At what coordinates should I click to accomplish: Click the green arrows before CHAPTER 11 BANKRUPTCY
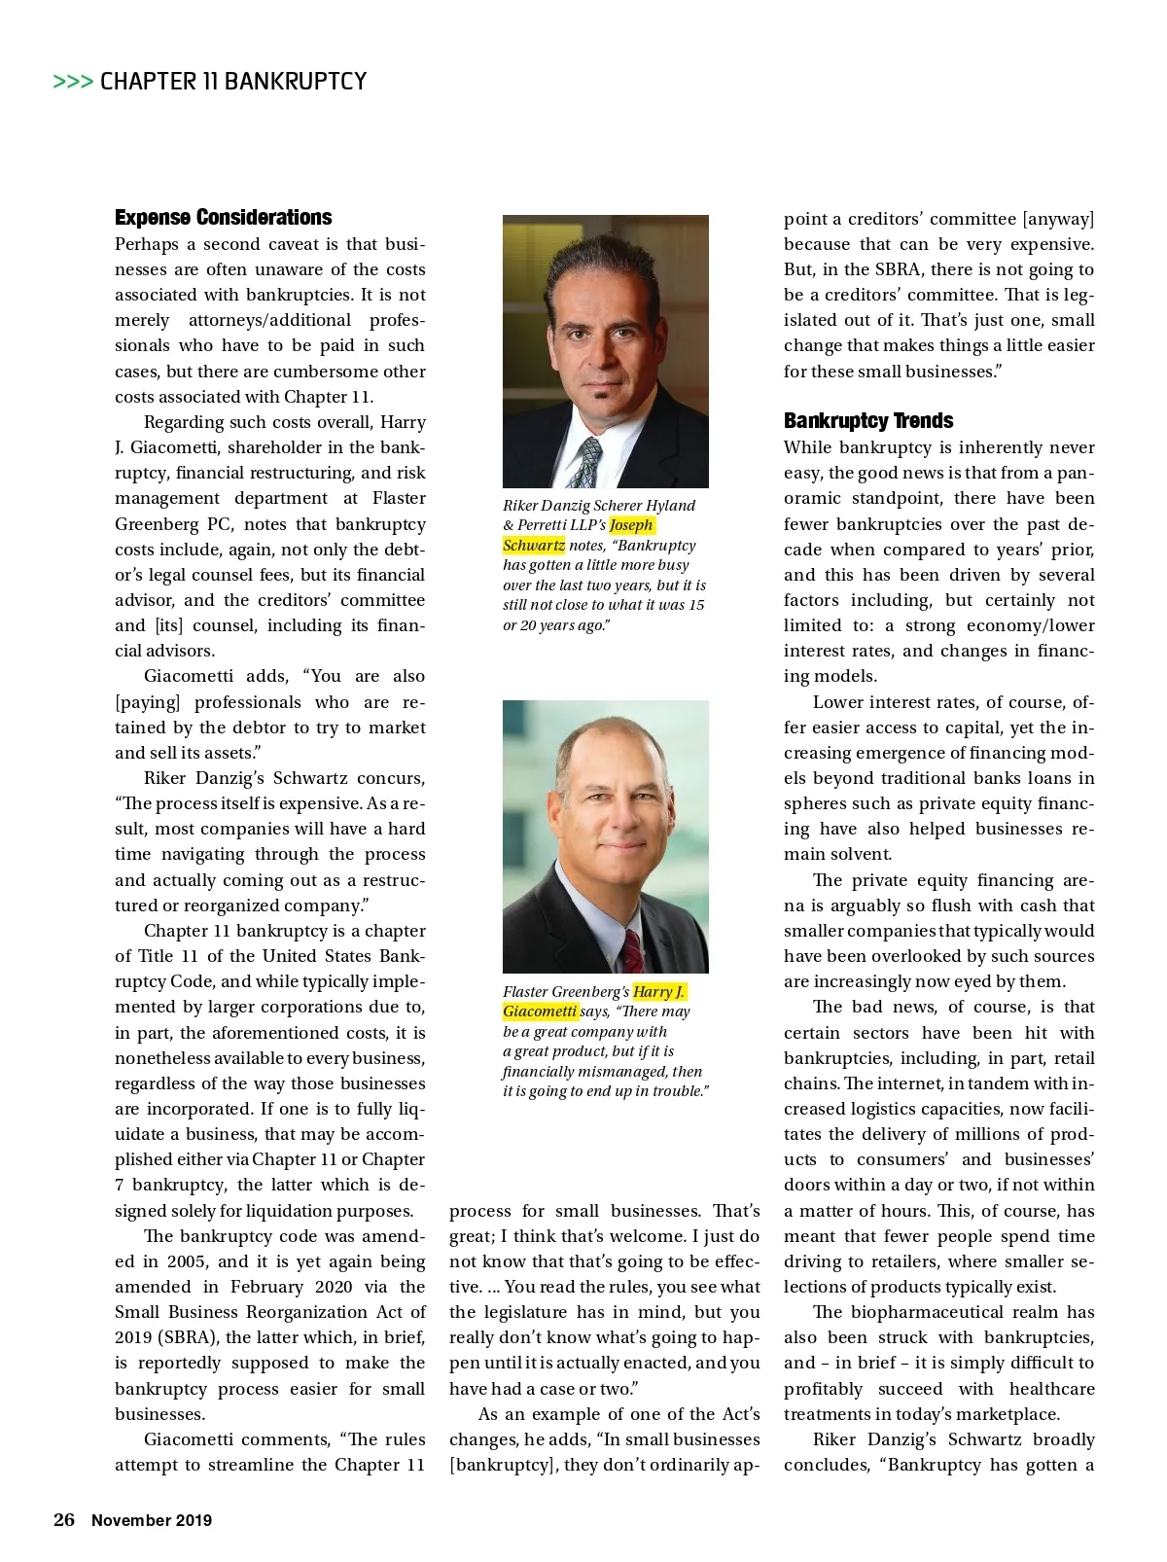tap(73, 82)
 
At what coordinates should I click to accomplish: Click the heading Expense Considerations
tap(223, 217)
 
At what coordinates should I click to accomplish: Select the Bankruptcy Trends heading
tap(867, 420)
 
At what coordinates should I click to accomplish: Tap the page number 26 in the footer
tap(64, 1520)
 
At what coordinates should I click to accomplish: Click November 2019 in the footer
tap(152, 1520)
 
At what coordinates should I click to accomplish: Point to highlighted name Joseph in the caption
tap(631, 525)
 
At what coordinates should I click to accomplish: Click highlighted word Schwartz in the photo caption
tap(533, 545)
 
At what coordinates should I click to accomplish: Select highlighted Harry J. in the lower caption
tap(658, 991)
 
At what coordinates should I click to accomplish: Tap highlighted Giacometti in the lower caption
tap(540, 1011)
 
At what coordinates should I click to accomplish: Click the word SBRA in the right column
tap(896, 269)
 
